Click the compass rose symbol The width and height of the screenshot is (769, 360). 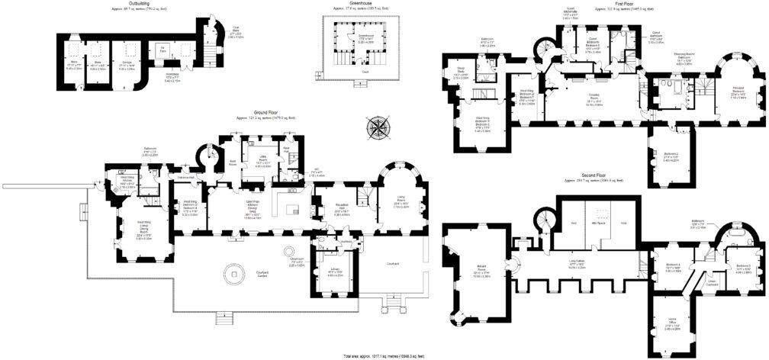(x=376, y=127)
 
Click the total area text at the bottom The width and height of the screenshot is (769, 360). (x=384, y=356)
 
